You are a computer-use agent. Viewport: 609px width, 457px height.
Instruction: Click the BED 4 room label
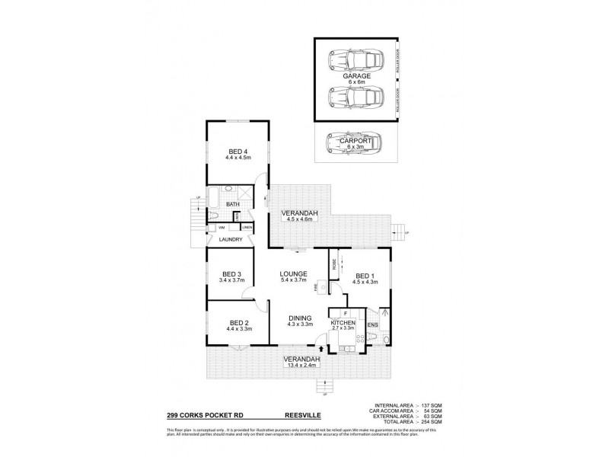pos(238,155)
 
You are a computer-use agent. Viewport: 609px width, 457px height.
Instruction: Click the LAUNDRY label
pos(231,239)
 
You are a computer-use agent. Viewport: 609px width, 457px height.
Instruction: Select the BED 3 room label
pos(231,278)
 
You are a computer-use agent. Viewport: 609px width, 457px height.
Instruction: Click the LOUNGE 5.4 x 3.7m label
pos(292,276)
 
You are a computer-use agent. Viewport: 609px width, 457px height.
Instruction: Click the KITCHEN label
pos(343,326)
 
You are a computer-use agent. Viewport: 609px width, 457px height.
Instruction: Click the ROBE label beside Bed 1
pos(333,264)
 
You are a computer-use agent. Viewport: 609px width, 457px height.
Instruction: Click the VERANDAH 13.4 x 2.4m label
pos(302,363)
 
